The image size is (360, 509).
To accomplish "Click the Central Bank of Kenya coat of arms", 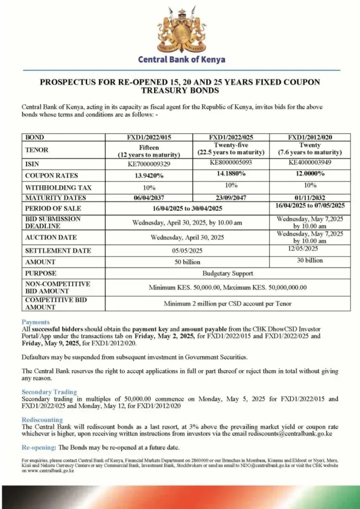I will pyautogui.click(x=180, y=29).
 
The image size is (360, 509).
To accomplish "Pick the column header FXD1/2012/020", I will pyautogui.click(x=310, y=137).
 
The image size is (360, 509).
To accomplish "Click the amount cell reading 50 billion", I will pyautogui.click(x=187, y=262).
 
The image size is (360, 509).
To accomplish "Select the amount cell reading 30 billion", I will pyautogui.click(x=310, y=260).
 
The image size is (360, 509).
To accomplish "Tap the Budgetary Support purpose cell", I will pyautogui.click(x=228, y=273).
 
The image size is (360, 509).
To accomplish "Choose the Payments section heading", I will pyautogui.click(x=36, y=322).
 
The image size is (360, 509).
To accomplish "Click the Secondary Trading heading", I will pyautogui.click(x=49, y=392).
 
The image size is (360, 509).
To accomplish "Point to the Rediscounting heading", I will pyautogui.click(x=42, y=420).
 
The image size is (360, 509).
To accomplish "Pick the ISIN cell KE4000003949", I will pyautogui.click(x=310, y=162).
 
